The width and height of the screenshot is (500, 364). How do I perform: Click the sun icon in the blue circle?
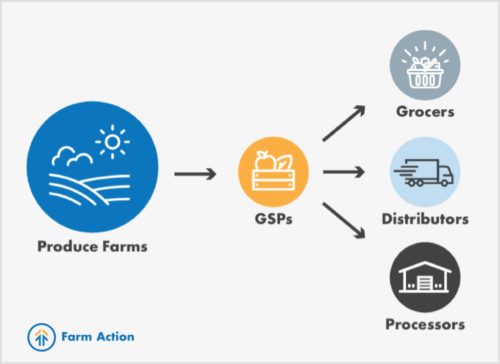click(113, 142)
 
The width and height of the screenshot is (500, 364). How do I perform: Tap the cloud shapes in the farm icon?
click(72, 156)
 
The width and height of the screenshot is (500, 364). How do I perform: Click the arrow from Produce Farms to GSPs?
click(195, 174)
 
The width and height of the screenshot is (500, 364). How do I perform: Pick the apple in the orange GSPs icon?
click(265, 161)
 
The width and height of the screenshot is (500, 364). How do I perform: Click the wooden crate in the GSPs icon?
click(273, 180)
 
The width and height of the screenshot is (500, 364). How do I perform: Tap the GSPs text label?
click(273, 219)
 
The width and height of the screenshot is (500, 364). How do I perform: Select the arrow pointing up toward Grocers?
click(344, 123)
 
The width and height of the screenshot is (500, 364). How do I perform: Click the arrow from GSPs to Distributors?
click(344, 172)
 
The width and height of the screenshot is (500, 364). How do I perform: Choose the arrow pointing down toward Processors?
click(344, 220)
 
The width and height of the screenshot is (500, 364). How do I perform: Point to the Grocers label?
click(425, 112)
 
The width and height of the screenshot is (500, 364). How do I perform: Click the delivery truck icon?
click(424, 173)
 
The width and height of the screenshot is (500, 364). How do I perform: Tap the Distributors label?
click(425, 219)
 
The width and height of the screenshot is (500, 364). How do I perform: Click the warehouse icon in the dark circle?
click(425, 277)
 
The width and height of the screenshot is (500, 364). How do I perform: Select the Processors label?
click(425, 324)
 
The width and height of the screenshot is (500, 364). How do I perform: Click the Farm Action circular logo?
click(42, 337)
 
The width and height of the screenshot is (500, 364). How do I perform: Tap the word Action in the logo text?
click(115, 337)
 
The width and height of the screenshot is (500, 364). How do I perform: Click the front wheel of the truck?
click(444, 183)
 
